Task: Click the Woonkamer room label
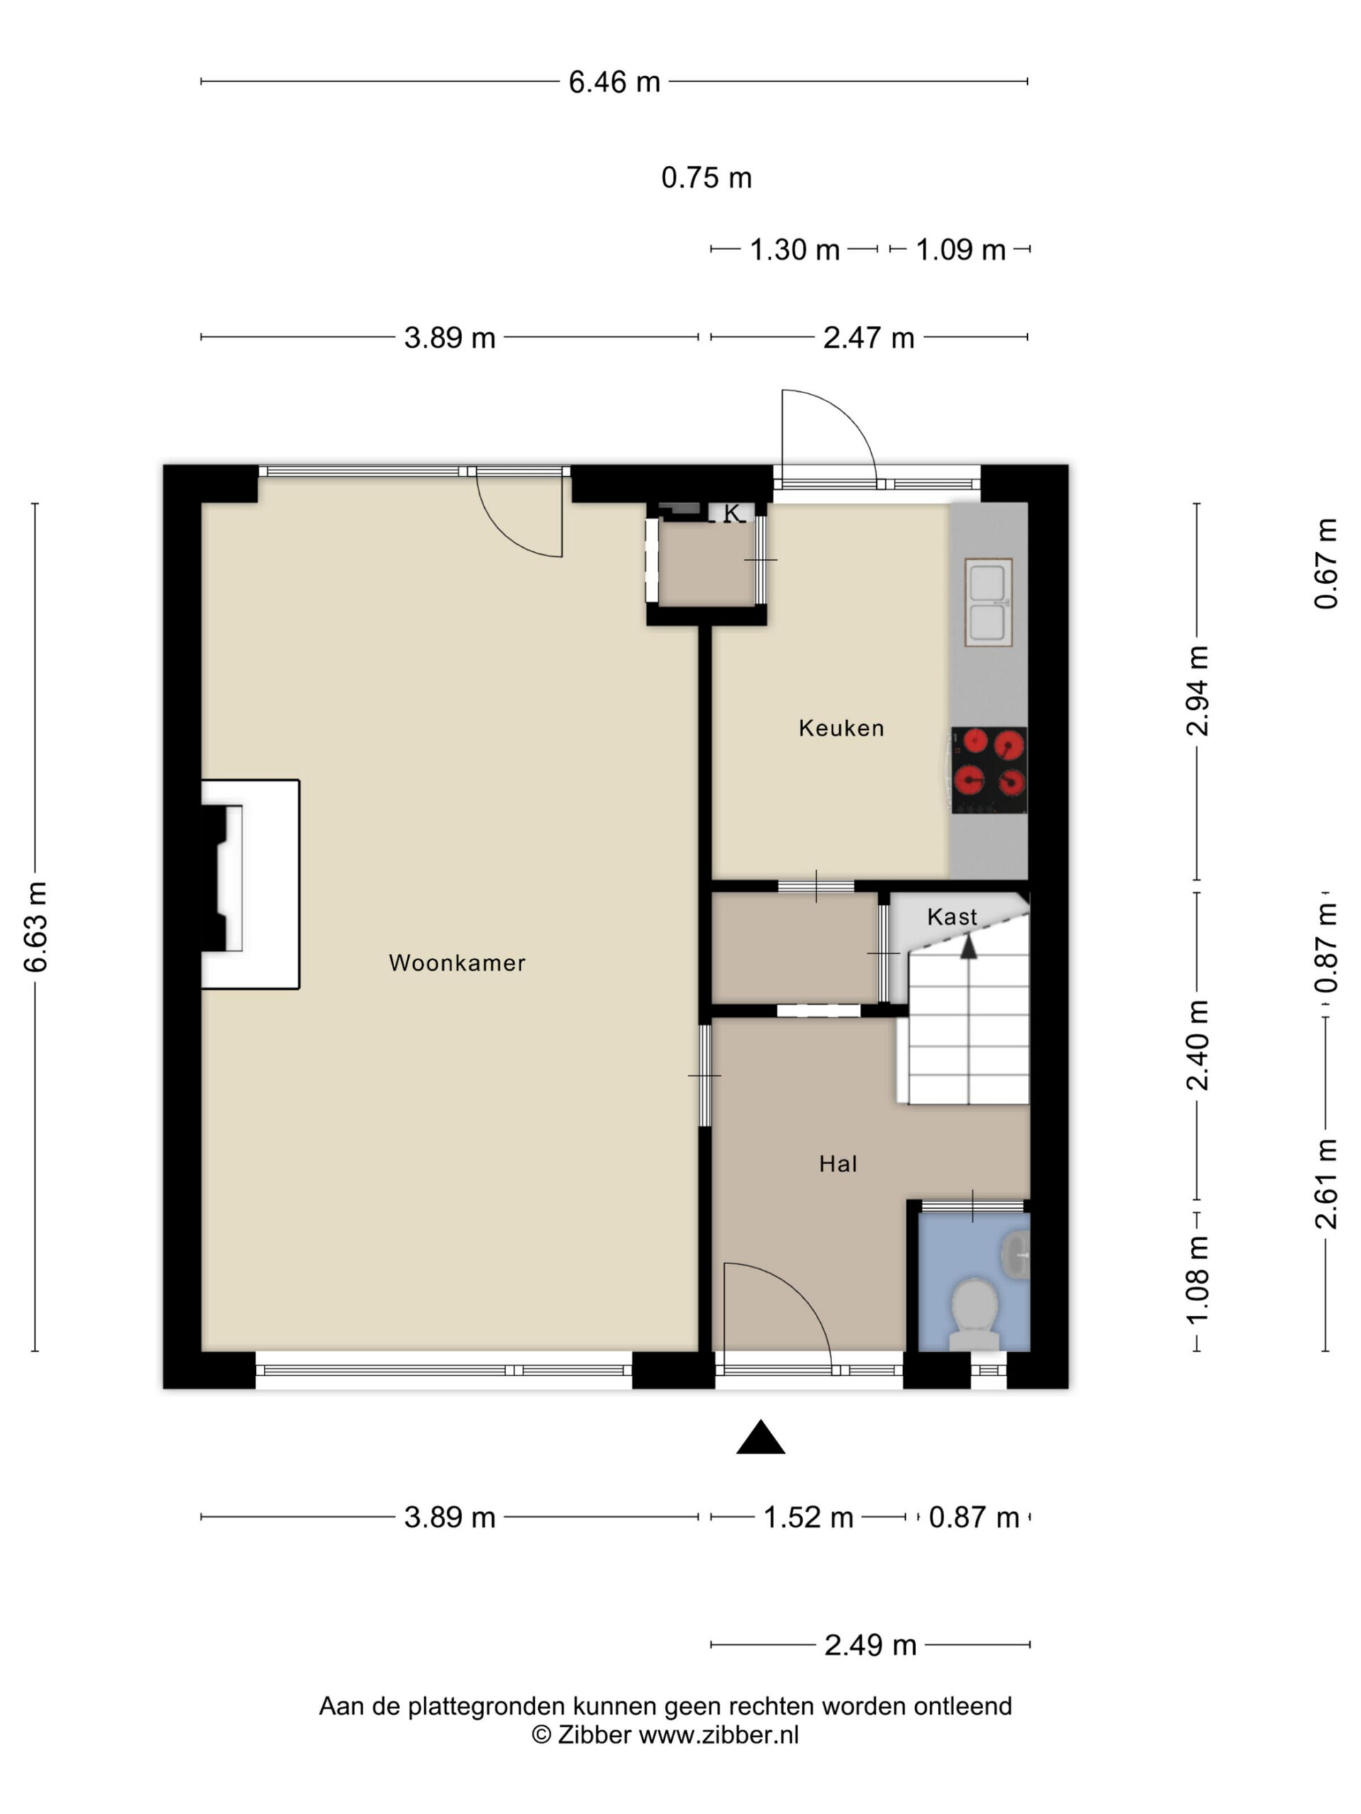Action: click(457, 963)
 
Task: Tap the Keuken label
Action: click(841, 728)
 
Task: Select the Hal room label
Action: click(838, 1164)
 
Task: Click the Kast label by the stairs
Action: click(951, 917)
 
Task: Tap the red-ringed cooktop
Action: click(989, 770)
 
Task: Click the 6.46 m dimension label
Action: click(615, 82)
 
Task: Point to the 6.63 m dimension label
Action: click(35, 928)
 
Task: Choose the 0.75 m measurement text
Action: click(706, 178)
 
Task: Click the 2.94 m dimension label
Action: click(1198, 690)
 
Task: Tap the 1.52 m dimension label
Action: click(808, 1517)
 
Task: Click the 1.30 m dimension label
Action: click(794, 249)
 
